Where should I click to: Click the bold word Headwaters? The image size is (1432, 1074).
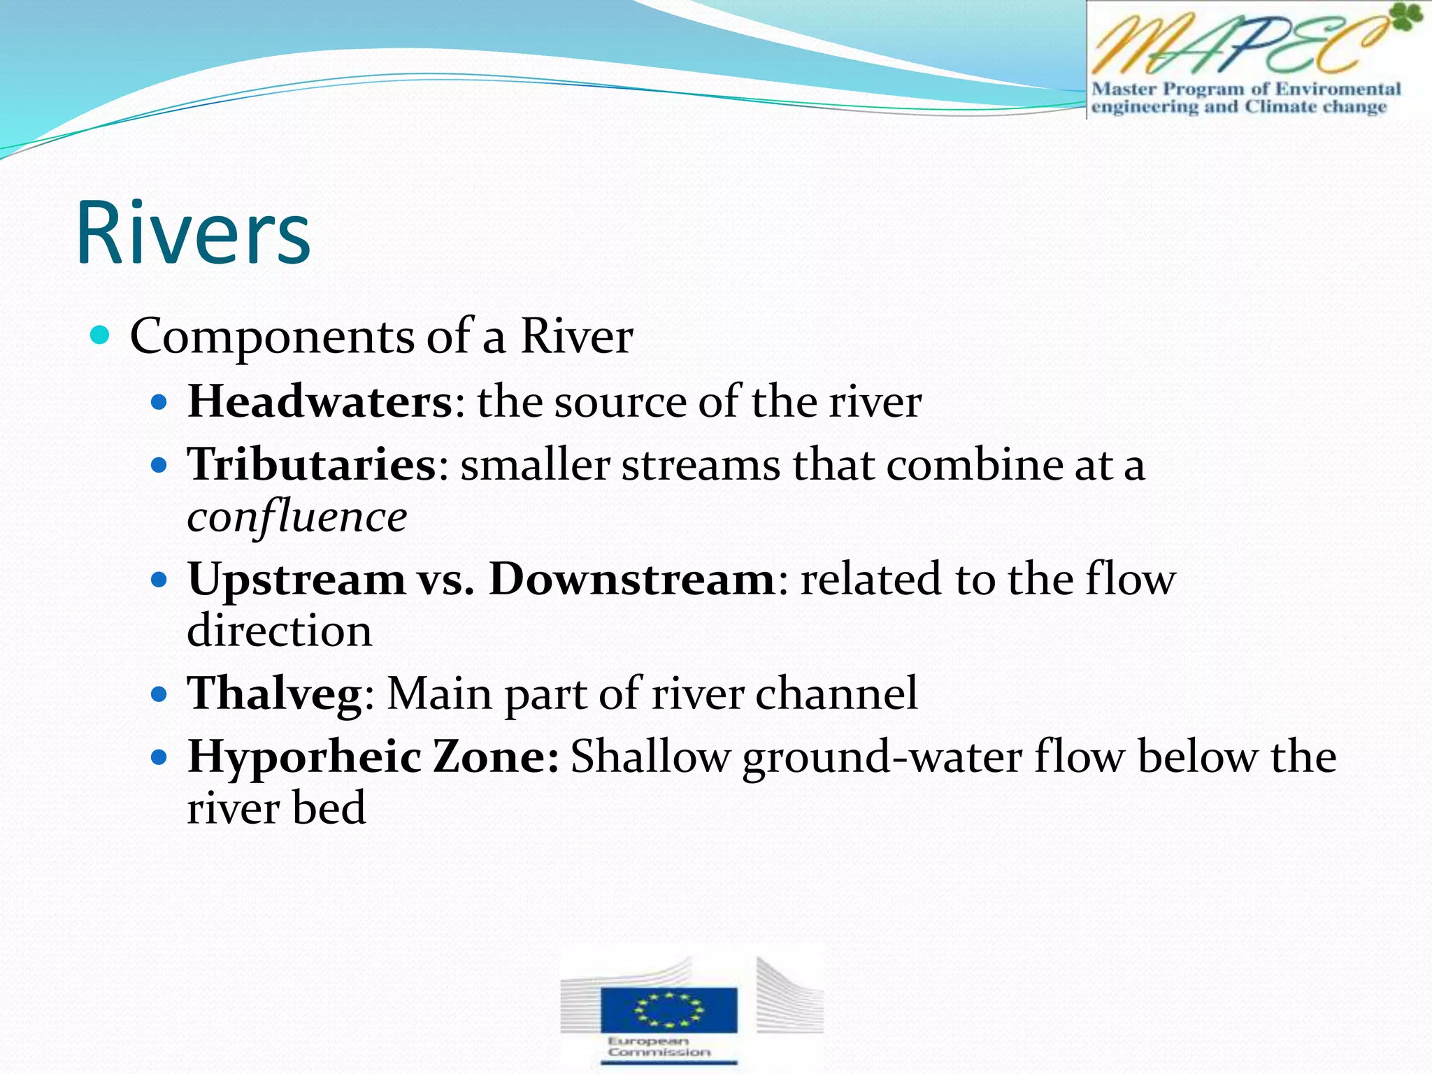click(x=320, y=402)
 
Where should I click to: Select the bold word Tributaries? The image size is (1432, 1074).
click(x=312, y=464)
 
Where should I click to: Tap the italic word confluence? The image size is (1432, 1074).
click(x=296, y=517)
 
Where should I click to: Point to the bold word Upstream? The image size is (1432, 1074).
click(x=296, y=580)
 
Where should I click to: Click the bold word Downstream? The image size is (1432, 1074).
click(x=631, y=579)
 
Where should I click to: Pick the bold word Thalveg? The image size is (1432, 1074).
click(x=274, y=694)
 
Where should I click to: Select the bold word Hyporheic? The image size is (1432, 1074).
click(x=304, y=757)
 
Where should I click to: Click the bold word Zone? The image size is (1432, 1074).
click(x=495, y=757)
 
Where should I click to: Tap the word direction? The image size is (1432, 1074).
click(x=280, y=631)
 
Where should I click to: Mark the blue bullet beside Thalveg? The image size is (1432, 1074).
click(x=160, y=694)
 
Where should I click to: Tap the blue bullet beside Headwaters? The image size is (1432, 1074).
click(x=160, y=403)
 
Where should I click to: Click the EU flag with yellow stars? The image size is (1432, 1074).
click(x=668, y=1010)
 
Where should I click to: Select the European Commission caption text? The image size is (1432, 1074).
click(x=659, y=1046)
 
